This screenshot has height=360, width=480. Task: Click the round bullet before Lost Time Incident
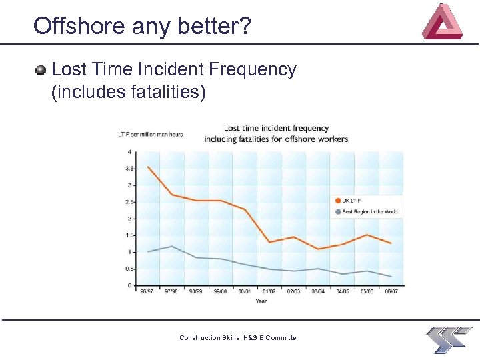tap(41, 70)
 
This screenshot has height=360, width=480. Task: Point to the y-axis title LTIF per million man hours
tap(150, 135)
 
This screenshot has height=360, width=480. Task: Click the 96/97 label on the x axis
tap(147, 291)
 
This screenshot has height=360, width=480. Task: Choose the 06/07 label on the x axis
tap(391, 291)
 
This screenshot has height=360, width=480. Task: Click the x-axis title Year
tap(261, 301)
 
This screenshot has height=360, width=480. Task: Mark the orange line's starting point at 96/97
tap(147, 167)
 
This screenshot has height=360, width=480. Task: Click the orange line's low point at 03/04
tap(318, 249)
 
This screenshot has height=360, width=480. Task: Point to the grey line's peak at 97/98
tap(172, 247)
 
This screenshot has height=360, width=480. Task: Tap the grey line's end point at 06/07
tap(391, 276)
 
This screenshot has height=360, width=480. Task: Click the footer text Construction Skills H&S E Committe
tap(238, 338)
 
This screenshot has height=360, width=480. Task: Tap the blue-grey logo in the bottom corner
tap(449, 339)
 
